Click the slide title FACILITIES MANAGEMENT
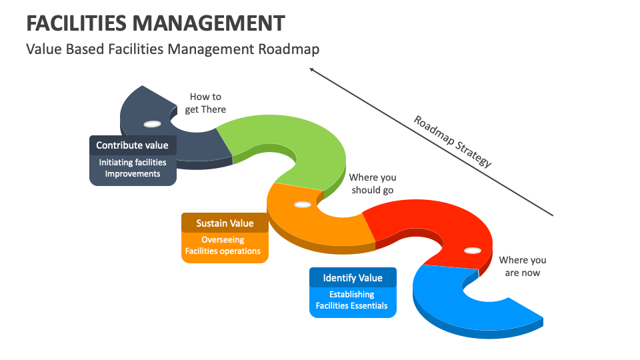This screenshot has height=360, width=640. click(155, 23)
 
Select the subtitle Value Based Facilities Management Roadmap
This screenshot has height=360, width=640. click(173, 49)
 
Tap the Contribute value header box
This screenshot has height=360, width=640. click(132, 145)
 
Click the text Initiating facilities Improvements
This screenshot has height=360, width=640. click(133, 168)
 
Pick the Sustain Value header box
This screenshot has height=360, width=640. click(225, 223)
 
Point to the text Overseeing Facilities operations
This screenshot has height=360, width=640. click(223, 245)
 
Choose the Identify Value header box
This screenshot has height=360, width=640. click(353, 278)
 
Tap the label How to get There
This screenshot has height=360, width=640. click(205, 103)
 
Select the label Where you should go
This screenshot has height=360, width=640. click(372, 183)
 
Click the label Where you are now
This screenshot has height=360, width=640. click(522, 266)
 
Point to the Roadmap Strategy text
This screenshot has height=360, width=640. click(453, 141)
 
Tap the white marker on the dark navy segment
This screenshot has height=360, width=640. click(152, 124)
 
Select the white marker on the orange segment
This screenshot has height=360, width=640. click(302, 204)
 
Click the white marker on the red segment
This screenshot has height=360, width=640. click(472, 251)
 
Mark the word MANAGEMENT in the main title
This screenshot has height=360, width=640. click(209, 23)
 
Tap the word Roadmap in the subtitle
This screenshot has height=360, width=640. click(289, 49)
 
